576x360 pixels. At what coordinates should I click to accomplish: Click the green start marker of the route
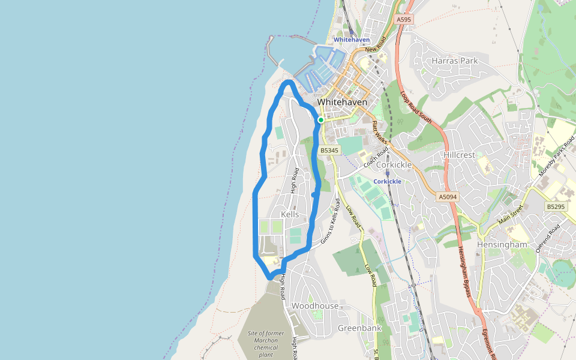pos(321,120)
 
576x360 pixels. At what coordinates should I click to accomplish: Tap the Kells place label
pos(290,214)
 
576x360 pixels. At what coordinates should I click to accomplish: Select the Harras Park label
pos(455,61)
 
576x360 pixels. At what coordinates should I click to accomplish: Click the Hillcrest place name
pos(459,155)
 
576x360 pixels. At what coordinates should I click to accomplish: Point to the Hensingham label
pos(502,245)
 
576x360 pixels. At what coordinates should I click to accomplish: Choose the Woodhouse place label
pos(315,306)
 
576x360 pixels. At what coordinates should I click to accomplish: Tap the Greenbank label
pos(359,328)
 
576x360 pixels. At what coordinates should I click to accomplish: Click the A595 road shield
pos(404,20)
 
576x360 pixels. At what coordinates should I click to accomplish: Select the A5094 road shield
pos(448,196)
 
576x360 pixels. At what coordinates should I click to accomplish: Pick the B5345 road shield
pos(329,150)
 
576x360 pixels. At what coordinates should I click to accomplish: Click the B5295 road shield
pos(556,206)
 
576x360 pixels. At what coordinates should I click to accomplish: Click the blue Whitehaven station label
pos(352,40)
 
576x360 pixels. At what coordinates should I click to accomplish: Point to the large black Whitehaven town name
pos(342,102)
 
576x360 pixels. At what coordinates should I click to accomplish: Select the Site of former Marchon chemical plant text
pos(262,344)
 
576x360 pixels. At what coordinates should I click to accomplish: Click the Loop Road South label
pos(416,107)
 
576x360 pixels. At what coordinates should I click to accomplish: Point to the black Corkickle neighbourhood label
pos(394,164)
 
